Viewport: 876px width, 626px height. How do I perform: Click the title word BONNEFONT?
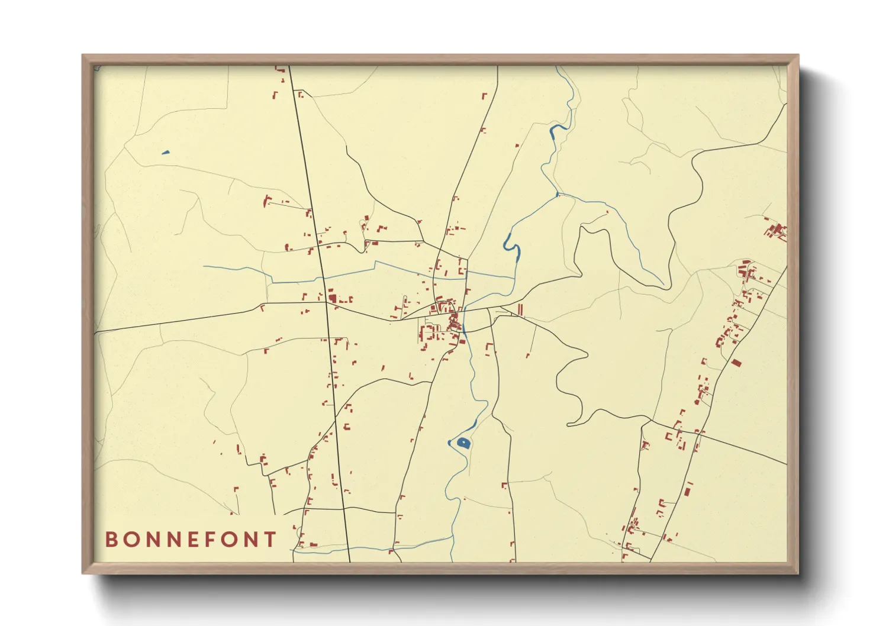pos(191,540)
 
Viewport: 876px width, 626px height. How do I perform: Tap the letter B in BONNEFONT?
pos(111,540)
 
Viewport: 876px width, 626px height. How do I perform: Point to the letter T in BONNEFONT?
pos(270,540)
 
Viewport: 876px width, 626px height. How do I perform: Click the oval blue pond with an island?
pos(462,443)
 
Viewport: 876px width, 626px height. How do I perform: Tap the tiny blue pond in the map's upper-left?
pos(165,153)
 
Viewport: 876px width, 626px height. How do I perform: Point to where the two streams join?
pos(558,193)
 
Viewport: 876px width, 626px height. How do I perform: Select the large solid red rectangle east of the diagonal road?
pos(736,362)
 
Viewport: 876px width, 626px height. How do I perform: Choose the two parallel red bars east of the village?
pos(520,309)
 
